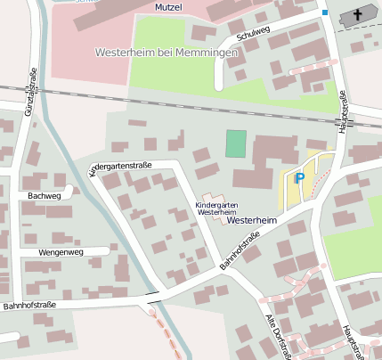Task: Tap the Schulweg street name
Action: pyautogui.click(x=255, y=34)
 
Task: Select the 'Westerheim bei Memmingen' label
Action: pyautogui.click(x=167, y=53)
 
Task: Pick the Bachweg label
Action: pyautogui.click(x=45, y=195)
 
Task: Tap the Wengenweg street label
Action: pyautogui.click(x=60, y=252)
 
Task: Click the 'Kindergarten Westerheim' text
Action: pyautogui.click(x=216, y=209)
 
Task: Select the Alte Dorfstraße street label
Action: pyautogui.click(x=277, y=335)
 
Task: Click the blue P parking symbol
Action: pyautogui.click(x=299, y=178)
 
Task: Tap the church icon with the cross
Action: pyautogui.click(x=355, y=14)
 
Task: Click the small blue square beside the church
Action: pyautogui.click(x=325, y=12)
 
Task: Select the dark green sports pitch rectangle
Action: pyautogui.click(x=235, y=143)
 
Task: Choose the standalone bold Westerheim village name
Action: pyautogui.click(x=253, y=220)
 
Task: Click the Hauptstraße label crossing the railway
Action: pyautogui.click(x=343, y=112)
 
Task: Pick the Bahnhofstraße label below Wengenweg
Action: pyautogui.click(x=28, y=306)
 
